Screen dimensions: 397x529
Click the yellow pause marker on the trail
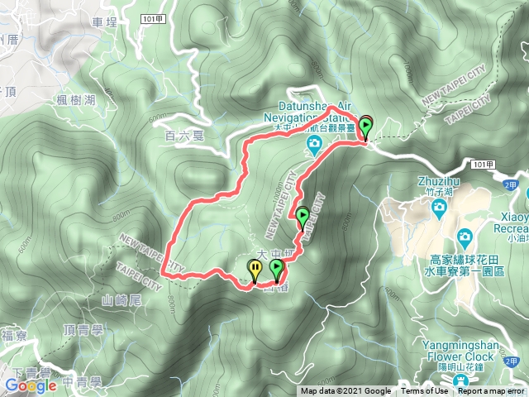point(255,269)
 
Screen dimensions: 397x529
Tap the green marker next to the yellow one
point(276,269)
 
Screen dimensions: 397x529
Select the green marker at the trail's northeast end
point(365,125)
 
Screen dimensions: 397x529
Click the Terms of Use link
point(425,391)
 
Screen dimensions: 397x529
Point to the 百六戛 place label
point(183,133)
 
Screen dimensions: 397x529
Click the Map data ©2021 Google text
point(346,391)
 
